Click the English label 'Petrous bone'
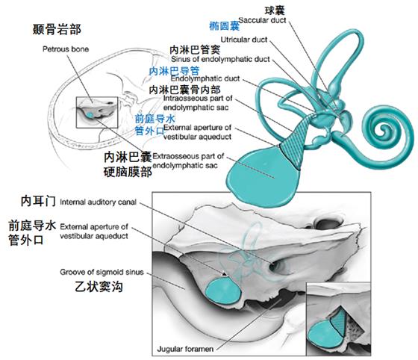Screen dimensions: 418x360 click(x=66, y=49)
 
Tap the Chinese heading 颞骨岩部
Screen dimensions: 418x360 click(x=57, y=29)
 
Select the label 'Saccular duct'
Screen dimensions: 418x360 click(x=262, y=20)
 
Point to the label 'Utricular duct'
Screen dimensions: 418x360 click(x=244, y=40)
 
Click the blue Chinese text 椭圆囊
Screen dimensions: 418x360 click(x=225, y=26)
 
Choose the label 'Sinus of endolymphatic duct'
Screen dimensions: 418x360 click(x=220, y=59)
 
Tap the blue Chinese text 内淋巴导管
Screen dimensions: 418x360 click(x=174, y=71)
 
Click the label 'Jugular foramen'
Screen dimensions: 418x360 click(x=185, y=349)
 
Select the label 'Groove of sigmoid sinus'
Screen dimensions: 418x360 click(x=102, y=273)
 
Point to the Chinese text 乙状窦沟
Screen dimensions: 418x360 click(x=99, y=287)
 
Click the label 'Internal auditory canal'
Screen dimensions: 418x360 click(x=98, y=202)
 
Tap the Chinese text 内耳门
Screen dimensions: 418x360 click(x=38, y=202)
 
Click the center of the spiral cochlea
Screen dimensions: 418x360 click(x=384, y=130)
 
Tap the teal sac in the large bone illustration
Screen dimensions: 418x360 click(x=223, y=290)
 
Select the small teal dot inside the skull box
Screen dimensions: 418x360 click(x=90, y=115)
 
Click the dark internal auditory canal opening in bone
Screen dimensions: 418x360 click(x=275, y=266)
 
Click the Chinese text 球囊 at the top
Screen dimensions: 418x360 click(x=275, y=10)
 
